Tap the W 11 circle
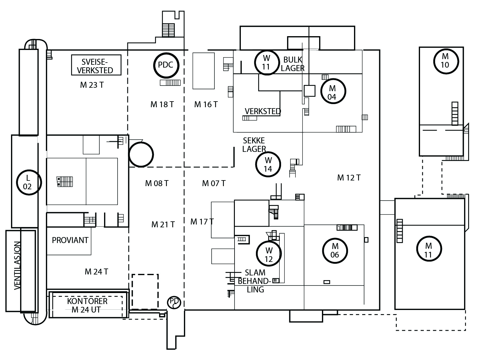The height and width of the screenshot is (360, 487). pos(266,62)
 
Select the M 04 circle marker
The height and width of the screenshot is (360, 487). pos(333,91)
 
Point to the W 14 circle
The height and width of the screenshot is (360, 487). pos(268,164)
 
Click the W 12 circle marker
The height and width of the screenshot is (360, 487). pos(268,255)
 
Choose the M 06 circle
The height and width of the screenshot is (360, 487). pos(335,251)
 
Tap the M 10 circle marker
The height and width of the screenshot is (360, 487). pos(445,60)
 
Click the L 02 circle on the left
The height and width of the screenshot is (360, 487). pos(28,182)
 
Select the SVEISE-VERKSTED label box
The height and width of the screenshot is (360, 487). pos(96,65)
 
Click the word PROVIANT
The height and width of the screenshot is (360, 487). pos(70,240)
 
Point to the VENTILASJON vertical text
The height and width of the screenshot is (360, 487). pos(18,265)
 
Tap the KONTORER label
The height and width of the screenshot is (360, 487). pos(87,301)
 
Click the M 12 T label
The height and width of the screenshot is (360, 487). pos(349,178)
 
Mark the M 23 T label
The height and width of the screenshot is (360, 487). pos(92,85)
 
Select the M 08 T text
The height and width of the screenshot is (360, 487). pos(157,183)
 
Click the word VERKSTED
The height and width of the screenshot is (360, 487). pos(263,111)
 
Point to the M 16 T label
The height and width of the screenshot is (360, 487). pos(206,104)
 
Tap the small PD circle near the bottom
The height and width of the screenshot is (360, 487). pos(174,302)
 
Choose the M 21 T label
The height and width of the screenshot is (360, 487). pos(163,224)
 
